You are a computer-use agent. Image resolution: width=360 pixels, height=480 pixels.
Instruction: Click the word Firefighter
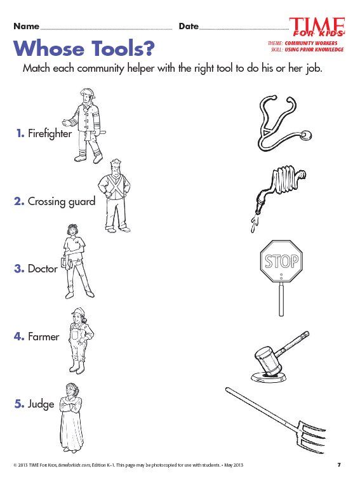pos(50,133)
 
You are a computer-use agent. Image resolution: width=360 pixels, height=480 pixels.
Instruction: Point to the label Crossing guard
pos(61,201)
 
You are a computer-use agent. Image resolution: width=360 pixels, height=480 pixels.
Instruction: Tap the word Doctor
pos(43,269)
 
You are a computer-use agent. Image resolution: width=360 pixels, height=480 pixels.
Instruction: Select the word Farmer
pos(43,337)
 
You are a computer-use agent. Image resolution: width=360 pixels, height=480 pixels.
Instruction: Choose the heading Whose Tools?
pos(86,48)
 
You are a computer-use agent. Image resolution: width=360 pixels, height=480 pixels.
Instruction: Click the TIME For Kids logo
pos(317,27)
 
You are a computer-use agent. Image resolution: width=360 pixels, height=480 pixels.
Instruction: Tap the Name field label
pos(26,27)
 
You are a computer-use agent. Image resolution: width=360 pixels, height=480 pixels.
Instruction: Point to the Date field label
pos(189,27)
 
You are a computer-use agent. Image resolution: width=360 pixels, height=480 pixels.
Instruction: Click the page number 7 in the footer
pos(339,465)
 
